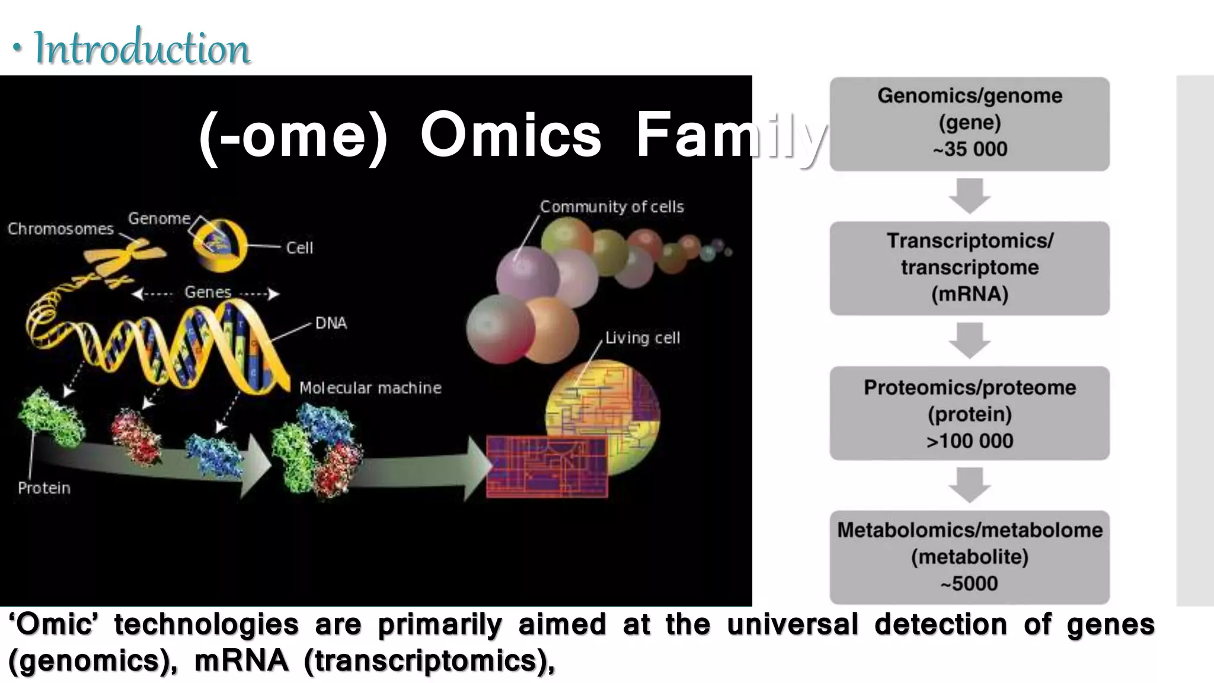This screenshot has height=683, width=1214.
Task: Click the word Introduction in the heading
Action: pos(142,49)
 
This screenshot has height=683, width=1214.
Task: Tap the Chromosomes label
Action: pos(60,229)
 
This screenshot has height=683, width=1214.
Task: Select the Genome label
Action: pos(159,218)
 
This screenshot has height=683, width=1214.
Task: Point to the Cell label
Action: pos(299,248)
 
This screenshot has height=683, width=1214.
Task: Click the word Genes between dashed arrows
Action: pos(207,292)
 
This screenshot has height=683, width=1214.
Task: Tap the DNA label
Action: pos(331,323)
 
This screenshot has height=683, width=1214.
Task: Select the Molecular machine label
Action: pos(370,388)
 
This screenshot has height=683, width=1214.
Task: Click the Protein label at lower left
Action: pos(44,488)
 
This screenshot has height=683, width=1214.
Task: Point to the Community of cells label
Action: pos(612,207)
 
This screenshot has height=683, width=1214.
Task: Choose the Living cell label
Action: pos(643,338)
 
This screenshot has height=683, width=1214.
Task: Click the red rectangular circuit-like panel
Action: pos(547,467)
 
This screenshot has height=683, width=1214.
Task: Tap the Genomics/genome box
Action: pos(969,123)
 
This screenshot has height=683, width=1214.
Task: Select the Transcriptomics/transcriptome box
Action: pos(969,268)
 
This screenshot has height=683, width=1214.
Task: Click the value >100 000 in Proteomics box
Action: pos(970,441)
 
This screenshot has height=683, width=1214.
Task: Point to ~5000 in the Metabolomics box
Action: pos(970,583)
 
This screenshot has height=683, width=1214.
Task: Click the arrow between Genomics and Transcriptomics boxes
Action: pos(970,196)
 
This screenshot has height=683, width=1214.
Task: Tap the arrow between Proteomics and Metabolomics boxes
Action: pos(970,485)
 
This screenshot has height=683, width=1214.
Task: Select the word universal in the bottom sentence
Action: pos(793,624)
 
